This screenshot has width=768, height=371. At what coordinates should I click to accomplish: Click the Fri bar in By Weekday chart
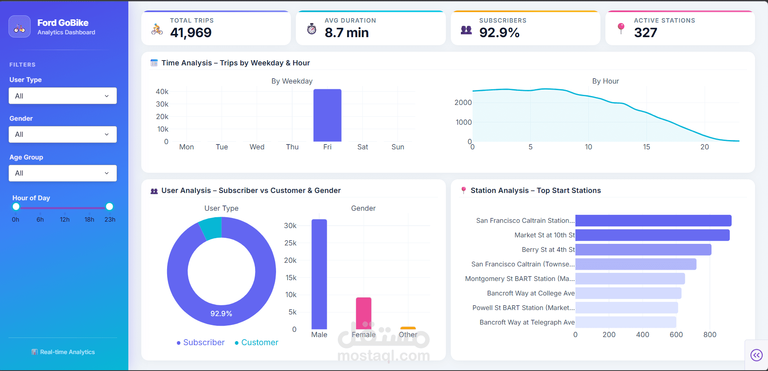327,115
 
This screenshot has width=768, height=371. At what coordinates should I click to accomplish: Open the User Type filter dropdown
63,96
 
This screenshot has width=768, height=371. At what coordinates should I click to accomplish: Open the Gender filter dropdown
63,134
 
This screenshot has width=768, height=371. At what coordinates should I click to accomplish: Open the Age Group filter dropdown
63,173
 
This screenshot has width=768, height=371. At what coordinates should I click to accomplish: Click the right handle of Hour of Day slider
109,207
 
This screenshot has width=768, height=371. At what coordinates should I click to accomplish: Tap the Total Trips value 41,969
191,33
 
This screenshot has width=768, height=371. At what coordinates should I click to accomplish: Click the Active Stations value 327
645,33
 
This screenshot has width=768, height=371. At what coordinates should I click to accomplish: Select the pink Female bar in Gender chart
363,313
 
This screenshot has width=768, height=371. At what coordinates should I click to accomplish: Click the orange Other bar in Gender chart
408,328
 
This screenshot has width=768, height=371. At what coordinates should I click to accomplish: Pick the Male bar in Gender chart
319,274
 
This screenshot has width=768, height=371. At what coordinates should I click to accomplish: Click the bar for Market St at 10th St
652,235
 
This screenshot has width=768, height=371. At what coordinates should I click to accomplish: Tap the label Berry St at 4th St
548,249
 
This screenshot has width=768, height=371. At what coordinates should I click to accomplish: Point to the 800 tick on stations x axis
709,335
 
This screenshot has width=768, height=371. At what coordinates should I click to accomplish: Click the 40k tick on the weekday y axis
162,92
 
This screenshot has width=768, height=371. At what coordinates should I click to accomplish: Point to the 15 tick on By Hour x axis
647,147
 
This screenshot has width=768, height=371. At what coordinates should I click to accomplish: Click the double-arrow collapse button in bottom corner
756,355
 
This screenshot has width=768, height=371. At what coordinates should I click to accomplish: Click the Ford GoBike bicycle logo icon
19,27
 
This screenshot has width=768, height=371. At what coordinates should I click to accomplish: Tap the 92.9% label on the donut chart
221,314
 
